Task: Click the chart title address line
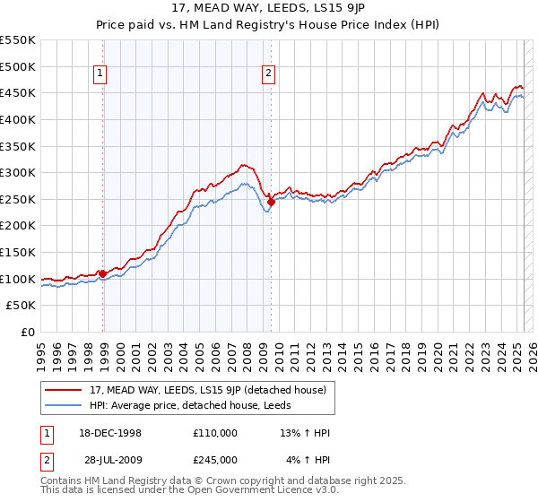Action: pyautogui.click(x=268, y=9)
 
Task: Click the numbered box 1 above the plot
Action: pyautogui.click(x=100, y=74)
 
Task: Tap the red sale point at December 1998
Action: pyautogui.click(x=103, y=273)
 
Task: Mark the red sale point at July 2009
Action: pyautogui.click(x=271, y=203)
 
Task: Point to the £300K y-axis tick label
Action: pyautogui.click(x=18, y=172)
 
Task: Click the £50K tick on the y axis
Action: pyautogui.click(x=22, y=305)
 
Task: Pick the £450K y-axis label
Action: pyautogui.click(x=18, y=92)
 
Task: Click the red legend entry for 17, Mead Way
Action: pyautogui.click(x=213, y=390)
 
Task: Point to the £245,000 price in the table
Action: pyautogui.click(x=214, y=460)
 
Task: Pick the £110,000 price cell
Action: pyautogui.click(x=214, y=433)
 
